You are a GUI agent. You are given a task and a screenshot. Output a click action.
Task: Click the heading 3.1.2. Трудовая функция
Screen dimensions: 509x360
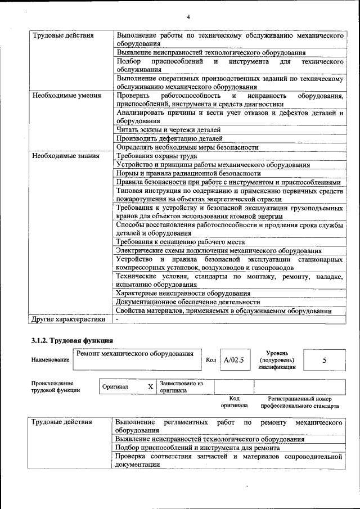[72, 340]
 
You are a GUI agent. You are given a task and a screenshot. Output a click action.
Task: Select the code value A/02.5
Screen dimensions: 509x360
[233, 360]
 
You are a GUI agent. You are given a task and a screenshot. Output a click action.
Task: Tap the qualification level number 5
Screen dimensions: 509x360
[325, 360]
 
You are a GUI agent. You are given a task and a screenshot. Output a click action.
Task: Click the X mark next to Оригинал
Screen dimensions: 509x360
[150, 387]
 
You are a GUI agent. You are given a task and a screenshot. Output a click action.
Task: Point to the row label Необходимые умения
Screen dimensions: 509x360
[66, 96]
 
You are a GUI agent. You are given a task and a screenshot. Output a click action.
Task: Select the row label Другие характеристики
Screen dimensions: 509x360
[68, 319]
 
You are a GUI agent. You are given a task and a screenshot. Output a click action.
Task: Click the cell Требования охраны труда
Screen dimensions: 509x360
[156, 156]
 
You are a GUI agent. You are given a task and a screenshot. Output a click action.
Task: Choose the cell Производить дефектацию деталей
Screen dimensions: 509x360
[169, 138]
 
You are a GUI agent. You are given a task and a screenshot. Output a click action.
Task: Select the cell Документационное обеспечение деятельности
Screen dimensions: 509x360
[188, 302]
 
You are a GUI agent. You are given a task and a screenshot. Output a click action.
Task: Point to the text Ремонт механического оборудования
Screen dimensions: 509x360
[136, 354]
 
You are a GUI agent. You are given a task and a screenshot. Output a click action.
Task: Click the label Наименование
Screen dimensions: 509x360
[51, 360]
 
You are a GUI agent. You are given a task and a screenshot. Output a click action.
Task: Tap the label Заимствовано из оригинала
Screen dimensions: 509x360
[181, 386]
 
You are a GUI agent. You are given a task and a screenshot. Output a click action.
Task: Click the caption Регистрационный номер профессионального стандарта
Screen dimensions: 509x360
[300, 402]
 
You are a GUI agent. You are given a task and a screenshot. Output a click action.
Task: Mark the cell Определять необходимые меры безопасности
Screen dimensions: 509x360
[187, 147]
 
